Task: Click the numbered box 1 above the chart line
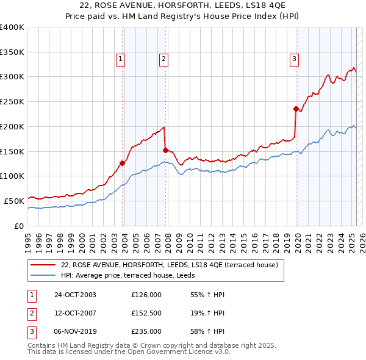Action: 121,59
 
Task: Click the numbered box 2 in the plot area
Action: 164,59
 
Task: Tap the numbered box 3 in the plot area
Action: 294,59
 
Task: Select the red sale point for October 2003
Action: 123,163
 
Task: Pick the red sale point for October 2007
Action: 165,149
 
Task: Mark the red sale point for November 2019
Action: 296,109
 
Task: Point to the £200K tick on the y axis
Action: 12,126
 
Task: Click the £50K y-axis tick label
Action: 15,201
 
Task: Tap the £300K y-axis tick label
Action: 12,77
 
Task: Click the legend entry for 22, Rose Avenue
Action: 170,265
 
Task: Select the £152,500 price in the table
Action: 146,313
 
